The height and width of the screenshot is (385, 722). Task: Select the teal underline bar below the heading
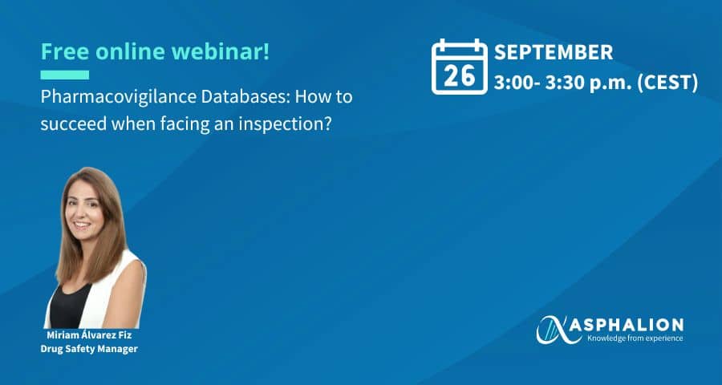[65, 75]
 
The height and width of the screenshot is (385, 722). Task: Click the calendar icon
[459, 67]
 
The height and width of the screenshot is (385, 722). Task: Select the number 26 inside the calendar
[459, 76]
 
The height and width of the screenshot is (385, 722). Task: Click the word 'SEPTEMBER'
[554, 52]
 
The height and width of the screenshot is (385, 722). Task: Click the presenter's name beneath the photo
[89, 335]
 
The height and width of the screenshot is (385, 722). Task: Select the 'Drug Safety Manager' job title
[89, 349]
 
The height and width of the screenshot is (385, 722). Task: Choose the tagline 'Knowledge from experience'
[635, 339]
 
